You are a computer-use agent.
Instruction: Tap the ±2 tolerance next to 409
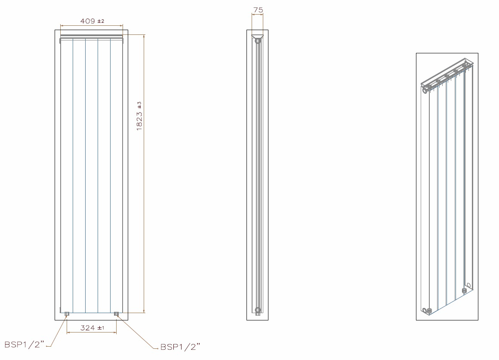pyautogui.click(x=101, y=21)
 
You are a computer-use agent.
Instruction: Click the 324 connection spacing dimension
pyautogui.click(x=87, y=328)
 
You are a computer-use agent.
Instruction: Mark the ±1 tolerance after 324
pyautogui.click(x=101, y=328)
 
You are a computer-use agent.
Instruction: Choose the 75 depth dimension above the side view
pyautogui.click(x=258, y=9)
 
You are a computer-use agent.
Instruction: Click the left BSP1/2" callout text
pyautogui.click(x=24, y=345)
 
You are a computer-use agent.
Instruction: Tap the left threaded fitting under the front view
pyautogui.click(x=67, y=314)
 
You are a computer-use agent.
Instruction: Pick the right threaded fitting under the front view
pyautogui.click(x=116, y=314)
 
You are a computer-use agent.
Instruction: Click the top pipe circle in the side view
pyautogui.click(x=257, y=41)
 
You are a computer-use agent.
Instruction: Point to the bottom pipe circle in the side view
pyautogui.click(x=258, y=310)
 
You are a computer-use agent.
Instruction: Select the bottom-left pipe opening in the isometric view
pyautogui.click(x=425, y=311)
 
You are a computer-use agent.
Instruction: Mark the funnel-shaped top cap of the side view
pyautogui.click(x=257, y=36)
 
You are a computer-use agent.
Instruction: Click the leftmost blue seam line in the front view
pyautogui.click(x=73, y=172)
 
